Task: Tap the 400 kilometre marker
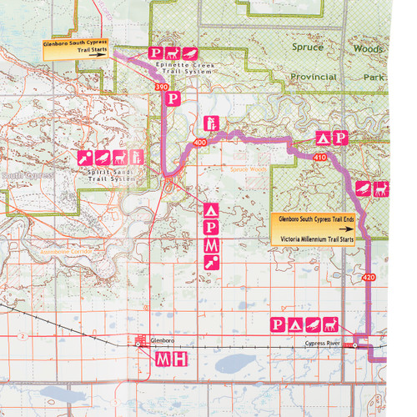[x=199, y=143]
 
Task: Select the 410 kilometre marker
[x=321, y=156]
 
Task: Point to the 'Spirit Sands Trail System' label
[x=111, y=173]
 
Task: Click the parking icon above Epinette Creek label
[x=156, y=53]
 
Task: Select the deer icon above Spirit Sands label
[x=118, y=156]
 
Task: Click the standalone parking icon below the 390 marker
[x=173, y=98]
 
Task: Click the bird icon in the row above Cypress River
[x=313, y=324]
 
